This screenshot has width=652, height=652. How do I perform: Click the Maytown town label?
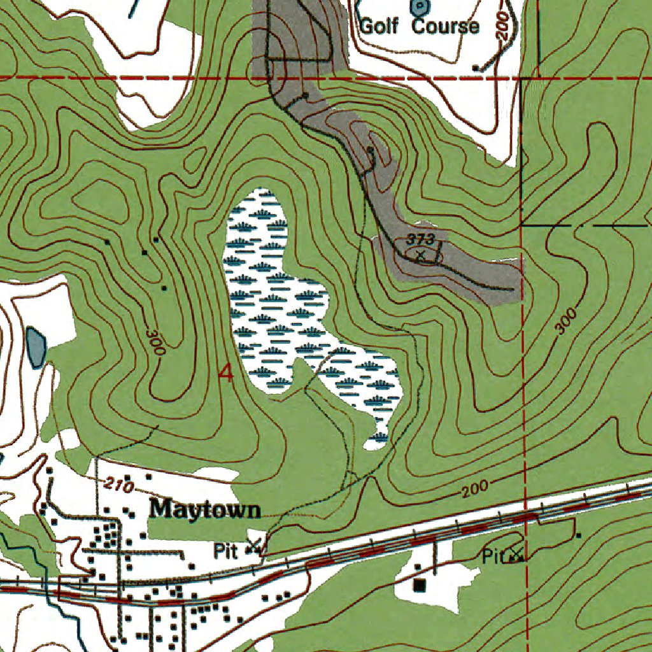point(205,510)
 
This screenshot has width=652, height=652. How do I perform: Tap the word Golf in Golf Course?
point(381,27)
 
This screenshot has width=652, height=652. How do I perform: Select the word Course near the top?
point(445,27)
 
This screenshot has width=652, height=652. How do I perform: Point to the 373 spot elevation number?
point(422,239)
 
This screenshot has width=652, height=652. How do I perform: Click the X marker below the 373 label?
point(420,255)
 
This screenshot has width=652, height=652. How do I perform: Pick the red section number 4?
point(225,374)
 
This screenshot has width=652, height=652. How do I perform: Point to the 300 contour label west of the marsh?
point(155,342)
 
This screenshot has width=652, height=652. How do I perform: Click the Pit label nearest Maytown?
point(225,551)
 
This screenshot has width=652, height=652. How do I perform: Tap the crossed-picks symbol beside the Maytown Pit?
point(256,546)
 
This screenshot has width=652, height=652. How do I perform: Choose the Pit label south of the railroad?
point(492,557)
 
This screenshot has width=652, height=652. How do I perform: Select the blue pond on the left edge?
point(36,347)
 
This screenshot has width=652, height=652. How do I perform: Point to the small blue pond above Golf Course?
point(419,8)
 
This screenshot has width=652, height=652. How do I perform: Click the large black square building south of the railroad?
point(419,584)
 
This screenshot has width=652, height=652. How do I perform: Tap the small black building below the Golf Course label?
point(475,67)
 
